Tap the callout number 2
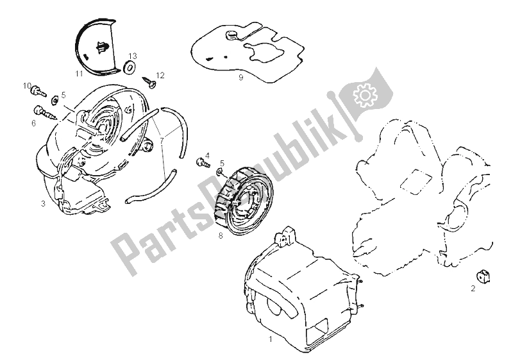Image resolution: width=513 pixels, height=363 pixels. pyautogui.click(x=473, y=288)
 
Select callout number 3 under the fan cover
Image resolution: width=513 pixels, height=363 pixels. pyautogui.click(x=43, y=203)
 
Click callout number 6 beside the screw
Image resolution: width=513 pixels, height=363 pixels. pyautogui.click(x=33, y=123)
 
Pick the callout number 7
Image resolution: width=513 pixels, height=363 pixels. pyautogui.click(x=162, y=138)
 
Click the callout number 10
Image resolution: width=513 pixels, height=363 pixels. pyautogui.click(x=28, y=85)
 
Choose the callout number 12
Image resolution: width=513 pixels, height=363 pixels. pyautogui.click(x=161, y=75)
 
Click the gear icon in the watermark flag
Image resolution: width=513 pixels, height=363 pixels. pyautogui.click(x=367, y=96)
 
